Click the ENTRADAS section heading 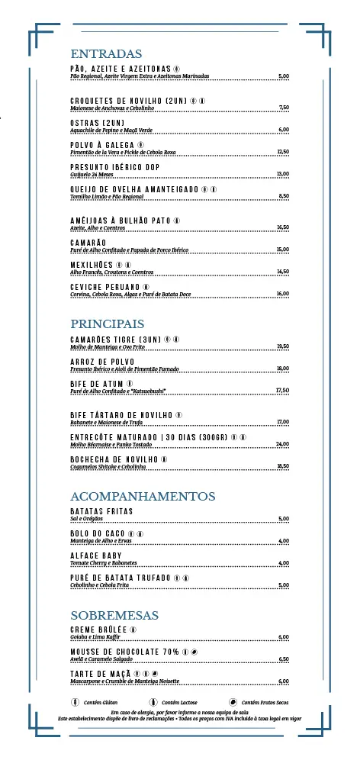tap(106, 54)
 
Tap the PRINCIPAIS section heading tap(107, 324)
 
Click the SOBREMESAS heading tap(114, 615)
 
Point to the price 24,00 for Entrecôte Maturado tap(282, 444)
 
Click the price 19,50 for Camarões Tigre tap(282, 346)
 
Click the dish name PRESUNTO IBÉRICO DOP tap(114, 167)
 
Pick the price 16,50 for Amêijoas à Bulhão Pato tap(282, 227)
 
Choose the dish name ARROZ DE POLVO tap(102, 361)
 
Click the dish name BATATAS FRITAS tap(101, 510)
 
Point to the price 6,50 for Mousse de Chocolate tap(283, 659)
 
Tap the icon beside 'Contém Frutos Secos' tap(233, 701)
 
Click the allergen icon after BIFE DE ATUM tap(130, 383)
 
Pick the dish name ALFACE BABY tap(96, 556)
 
